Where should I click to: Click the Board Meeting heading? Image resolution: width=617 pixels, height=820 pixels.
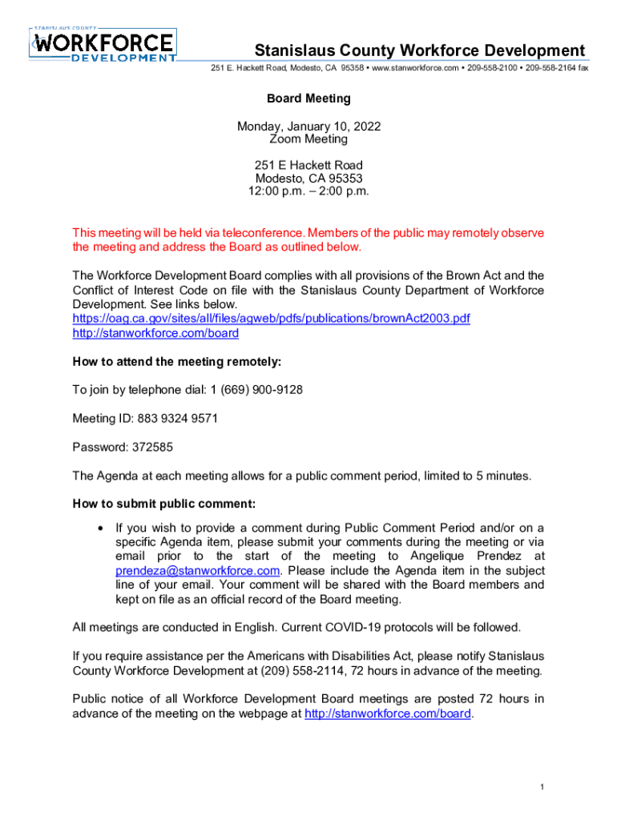[x=308, y=98]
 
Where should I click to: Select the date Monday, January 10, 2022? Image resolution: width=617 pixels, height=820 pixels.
[x=308, y=127]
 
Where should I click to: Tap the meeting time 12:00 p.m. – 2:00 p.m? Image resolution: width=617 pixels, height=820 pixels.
[x=308, y=191]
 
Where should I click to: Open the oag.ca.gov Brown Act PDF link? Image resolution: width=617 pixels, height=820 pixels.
[x=271, y=319]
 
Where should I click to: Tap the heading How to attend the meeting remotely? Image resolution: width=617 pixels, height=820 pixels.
[x=177, y=362]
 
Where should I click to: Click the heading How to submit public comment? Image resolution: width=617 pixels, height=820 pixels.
[x=164, y=504]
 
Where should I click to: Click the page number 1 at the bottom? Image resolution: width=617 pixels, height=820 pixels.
[x=542, y=788]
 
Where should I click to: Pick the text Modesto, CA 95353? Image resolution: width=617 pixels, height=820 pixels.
[x=308, y=179]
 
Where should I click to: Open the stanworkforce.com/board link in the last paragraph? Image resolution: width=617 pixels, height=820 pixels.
[x=388, y=713]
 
